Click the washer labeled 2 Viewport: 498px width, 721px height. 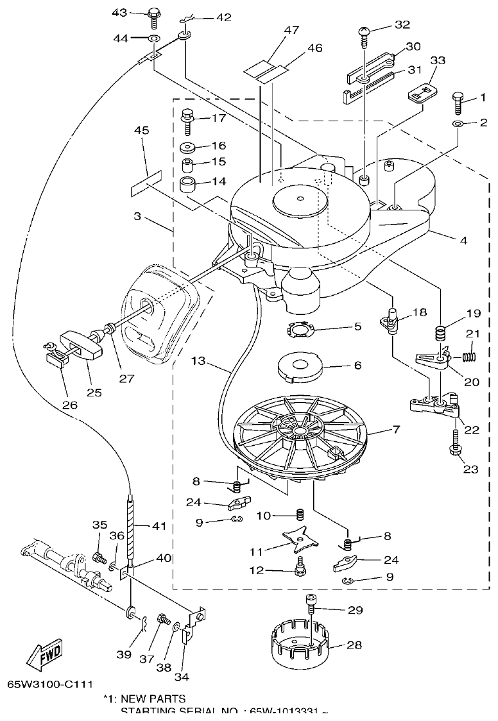pos(456,123)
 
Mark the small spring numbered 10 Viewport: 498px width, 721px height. pos(299,515)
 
